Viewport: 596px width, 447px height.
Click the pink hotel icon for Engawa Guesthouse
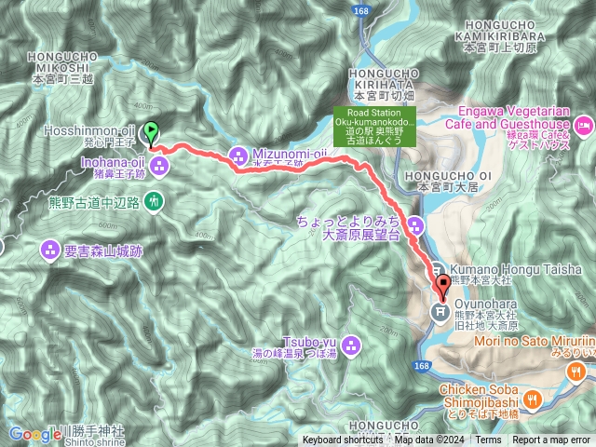(x=584, y=124)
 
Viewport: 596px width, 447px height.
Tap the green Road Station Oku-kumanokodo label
(x=369, y=128)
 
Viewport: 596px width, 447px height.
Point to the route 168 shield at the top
(x=360, y=10)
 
